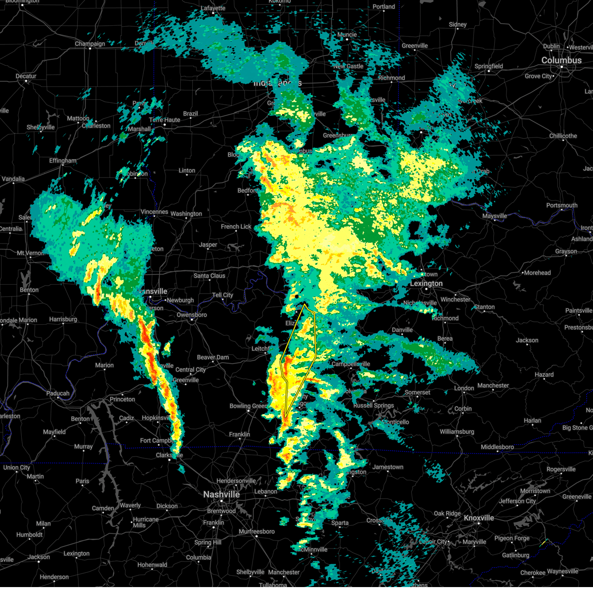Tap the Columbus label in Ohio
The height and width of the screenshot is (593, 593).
[x=561, y=60]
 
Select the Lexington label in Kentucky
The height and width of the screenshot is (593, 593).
[x=426, y=284]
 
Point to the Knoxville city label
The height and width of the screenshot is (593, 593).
[x=478, y=518]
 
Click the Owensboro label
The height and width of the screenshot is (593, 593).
[x=192, y=315]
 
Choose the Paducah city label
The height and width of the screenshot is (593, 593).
[x=58, y=393]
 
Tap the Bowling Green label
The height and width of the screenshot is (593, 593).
[x=248, y=406]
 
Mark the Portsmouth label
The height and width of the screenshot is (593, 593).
[x=562, y=206]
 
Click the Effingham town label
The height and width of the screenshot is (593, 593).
[x=63, y=161]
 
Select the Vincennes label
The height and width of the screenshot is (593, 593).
[x=154, y=212]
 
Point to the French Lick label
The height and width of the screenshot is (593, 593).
[x=236, y=227]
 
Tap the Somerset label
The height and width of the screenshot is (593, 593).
[x=418, y=392]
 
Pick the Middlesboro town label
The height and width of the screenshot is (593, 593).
[x=497, y=447]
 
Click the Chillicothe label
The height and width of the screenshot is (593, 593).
[x=563, y=136]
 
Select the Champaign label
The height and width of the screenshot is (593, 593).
[x=90, y=44]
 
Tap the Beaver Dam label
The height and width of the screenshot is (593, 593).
[x=213, y=357]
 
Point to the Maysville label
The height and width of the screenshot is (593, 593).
[x=495, y=216]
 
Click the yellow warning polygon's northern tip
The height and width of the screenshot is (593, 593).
[x=305, y=304]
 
